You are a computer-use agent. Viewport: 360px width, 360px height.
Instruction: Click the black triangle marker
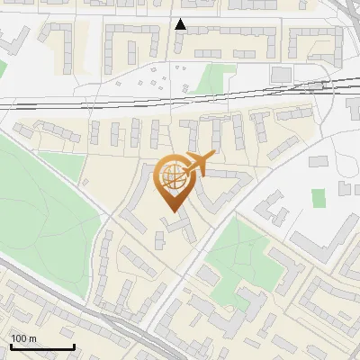click(181, 24)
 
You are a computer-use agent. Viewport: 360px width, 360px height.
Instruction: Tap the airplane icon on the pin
click(199, 161)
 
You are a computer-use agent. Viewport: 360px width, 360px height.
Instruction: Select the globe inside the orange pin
click(173, 177)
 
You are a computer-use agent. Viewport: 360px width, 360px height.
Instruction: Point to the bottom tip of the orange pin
click(173, 212)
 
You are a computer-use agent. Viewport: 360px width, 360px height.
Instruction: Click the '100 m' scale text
click(23, 338)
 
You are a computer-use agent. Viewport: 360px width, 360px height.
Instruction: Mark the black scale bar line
click(41, 346)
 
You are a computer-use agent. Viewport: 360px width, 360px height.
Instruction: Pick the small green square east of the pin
click(318, 197)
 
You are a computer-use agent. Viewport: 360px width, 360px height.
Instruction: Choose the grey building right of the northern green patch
click(282, 73)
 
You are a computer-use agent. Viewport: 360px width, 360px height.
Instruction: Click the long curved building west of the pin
click(135, 193)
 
